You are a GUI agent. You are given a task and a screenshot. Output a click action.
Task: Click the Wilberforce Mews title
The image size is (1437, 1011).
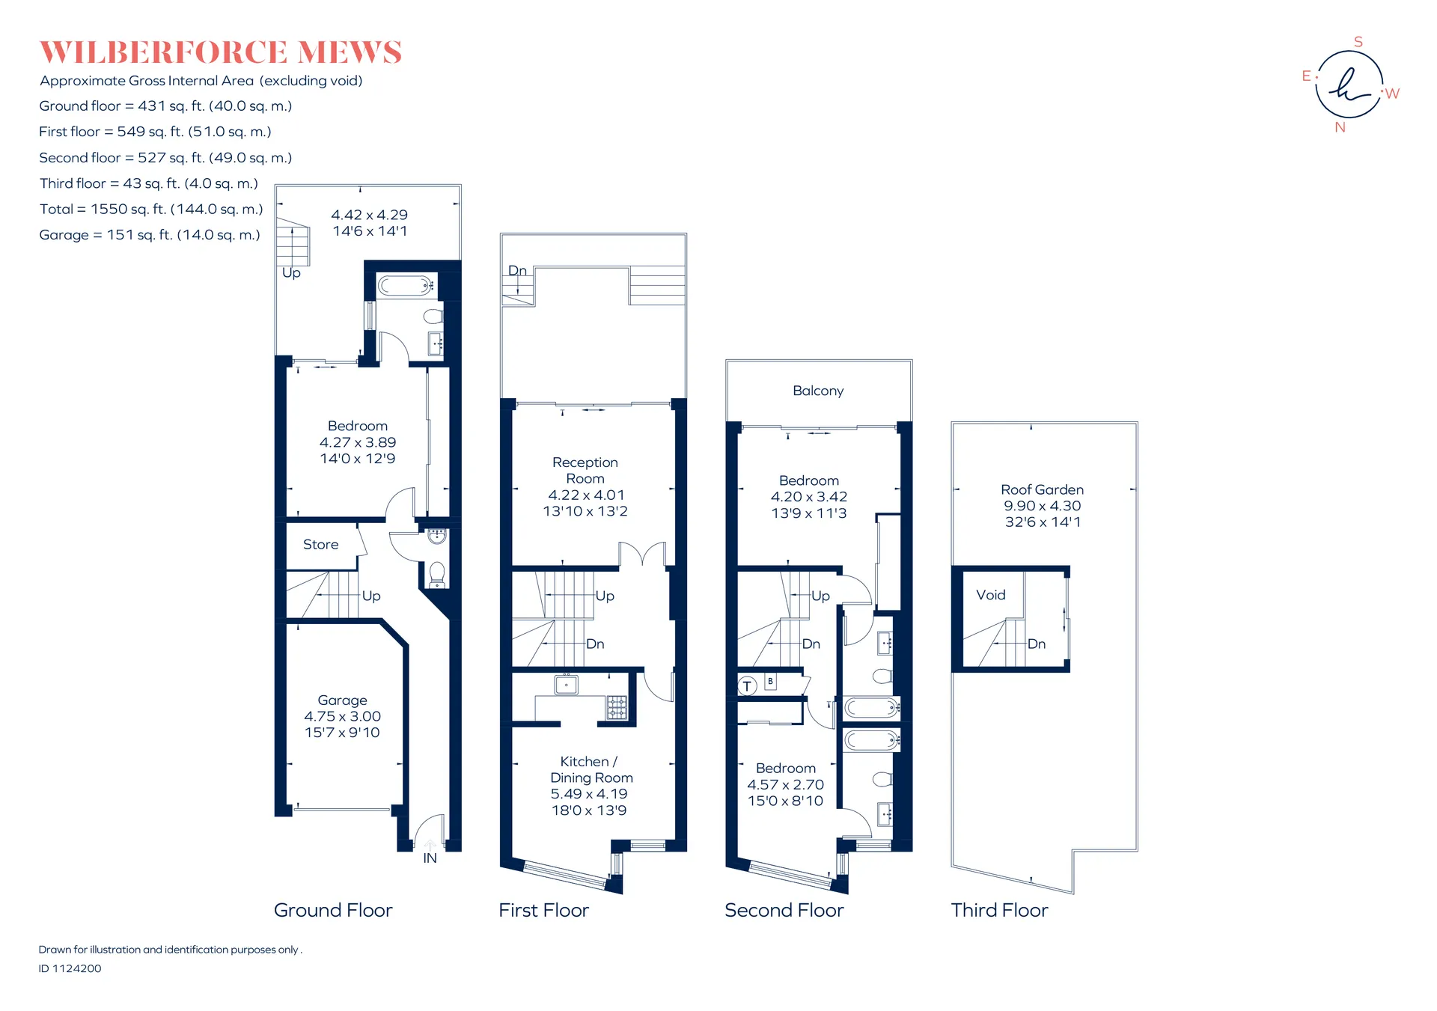pos(221,52)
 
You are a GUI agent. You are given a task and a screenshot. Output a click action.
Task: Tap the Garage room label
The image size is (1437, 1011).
pos(342,700)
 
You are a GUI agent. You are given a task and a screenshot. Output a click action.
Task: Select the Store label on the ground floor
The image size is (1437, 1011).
pos(320,545)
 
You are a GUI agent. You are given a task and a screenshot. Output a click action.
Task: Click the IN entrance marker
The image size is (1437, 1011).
pos(430,858)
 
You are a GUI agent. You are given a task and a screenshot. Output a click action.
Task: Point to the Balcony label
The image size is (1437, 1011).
pos(818,391)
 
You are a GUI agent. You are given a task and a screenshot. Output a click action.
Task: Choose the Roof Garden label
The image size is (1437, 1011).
pos(1042,489)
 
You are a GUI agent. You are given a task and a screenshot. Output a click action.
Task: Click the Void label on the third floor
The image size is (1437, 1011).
pos(990,595)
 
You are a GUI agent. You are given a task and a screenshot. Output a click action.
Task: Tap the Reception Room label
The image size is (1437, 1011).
pos(585,471)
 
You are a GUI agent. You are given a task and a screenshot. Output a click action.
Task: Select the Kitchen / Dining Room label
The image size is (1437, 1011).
pos(591,769)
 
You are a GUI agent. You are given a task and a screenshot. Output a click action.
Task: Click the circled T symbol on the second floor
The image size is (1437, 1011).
pos(747,685)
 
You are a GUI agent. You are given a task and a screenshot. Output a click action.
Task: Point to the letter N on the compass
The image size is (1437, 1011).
pos(1340,128)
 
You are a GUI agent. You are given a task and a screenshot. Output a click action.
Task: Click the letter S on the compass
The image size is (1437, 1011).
pos(1358,42)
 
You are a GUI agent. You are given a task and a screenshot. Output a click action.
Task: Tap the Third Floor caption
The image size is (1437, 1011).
pos(999,910)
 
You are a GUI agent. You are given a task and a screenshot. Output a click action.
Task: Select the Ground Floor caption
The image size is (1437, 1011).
pos(333,910)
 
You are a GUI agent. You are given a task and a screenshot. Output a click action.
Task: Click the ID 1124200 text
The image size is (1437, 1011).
pos(70,968)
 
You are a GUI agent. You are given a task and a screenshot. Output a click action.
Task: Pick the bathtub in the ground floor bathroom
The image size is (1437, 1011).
pos(405,285)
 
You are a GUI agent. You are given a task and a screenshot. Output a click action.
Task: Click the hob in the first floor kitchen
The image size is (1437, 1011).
pos(617,707)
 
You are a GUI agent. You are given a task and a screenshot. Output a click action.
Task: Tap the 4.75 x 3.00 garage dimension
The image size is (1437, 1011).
pos(342,716)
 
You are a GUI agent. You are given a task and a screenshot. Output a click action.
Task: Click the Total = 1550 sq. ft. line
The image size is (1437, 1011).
pos(151,209)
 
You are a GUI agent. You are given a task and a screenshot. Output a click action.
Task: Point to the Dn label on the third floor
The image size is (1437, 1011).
pos(1037,644)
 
